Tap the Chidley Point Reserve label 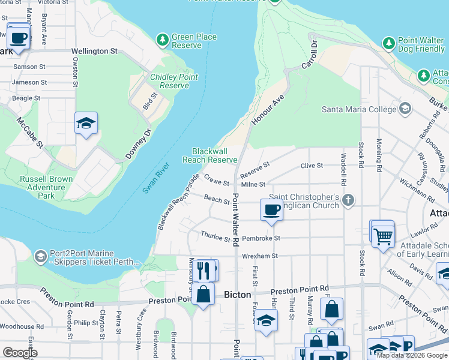click(x=174, y=81)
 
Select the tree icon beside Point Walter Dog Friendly click(x=388, y=44)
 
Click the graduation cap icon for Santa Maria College click(x=406, y=109)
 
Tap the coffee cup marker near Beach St click(x=271, y=211)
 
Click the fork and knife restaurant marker click(x=204, y=271)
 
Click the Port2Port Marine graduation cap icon click(x=40, y=257)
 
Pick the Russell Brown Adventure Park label click(x=46, y=187)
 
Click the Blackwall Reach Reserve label click(x=210, y=155)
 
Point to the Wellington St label click(x=94, y=52)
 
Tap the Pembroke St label click(x=261, y=238)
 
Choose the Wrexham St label click(x=260, y=256)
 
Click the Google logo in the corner click(x=20, y=352)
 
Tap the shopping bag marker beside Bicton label click(x=203, y=294)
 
